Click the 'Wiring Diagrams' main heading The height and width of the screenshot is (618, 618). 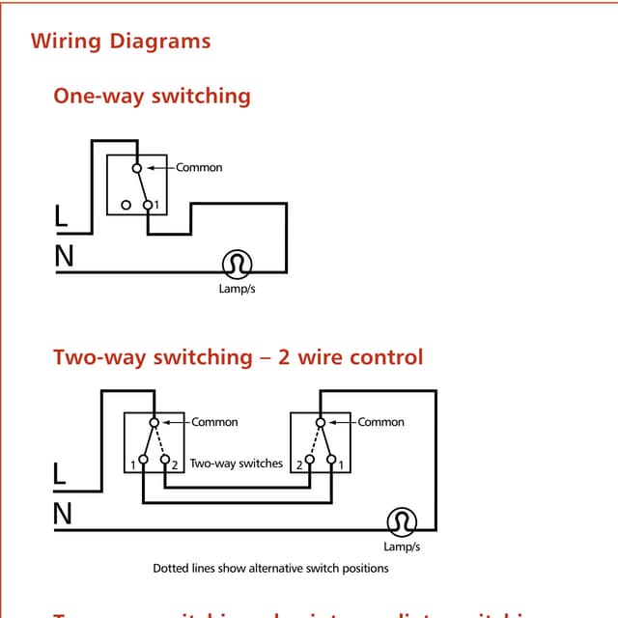tap(121, 42)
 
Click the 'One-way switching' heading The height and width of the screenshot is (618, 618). tap(152, 96)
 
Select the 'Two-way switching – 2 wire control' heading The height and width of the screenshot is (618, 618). tap(238, 356)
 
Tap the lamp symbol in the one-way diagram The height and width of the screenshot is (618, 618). tap(237, 263)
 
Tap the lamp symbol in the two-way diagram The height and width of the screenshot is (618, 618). tap(401, 521)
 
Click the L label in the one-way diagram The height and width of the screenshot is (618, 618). tap(61, 218)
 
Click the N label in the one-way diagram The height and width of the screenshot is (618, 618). tap(64, 257)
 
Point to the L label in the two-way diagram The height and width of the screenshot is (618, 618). tap(60, 475)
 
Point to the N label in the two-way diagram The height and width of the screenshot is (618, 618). tap(62, 515)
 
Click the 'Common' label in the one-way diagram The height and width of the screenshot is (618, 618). tap(199, 167)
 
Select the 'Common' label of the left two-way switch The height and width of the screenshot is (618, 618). tap(214, 422)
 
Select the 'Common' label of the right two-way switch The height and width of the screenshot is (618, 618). tap(380, 422)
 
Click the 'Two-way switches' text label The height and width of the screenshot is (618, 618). tap(237, 463)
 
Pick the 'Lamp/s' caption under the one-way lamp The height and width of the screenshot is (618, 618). tap(237, 289)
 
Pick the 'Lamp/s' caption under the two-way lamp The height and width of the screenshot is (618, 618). tap(402, 547)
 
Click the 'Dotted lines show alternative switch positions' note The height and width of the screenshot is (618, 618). tap(270, 568)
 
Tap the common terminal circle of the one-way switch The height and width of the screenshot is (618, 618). tap(137, 167)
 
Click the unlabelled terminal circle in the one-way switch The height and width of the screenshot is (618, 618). tap(126, 205)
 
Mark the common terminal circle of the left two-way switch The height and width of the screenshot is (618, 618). tap(154, 422)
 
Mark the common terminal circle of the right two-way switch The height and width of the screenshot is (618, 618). tap(320, 422)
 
